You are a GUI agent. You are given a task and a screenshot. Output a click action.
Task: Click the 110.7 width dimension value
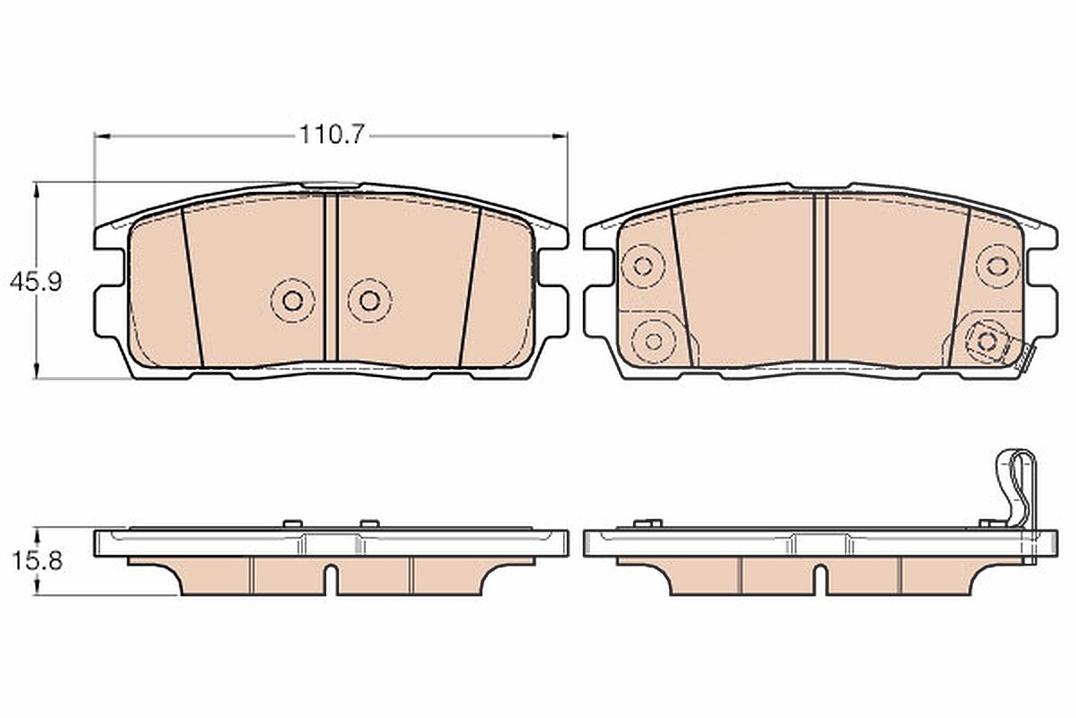(332, 135)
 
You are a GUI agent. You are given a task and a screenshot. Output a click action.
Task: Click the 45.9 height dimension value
(36, 282)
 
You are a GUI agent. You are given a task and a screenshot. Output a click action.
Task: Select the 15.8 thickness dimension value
(37, 561)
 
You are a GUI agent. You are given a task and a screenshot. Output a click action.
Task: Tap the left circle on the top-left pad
(292, 301)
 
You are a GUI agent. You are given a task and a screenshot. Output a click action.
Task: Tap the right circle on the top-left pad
(369, 301)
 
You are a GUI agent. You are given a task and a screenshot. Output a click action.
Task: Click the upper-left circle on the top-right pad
(643, 266)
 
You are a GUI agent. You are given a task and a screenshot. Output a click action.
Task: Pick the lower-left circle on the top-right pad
(654, 341)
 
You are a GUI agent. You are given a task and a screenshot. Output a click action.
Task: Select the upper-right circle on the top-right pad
(997, 266)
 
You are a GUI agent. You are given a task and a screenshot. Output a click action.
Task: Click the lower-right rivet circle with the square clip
(987, 341)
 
